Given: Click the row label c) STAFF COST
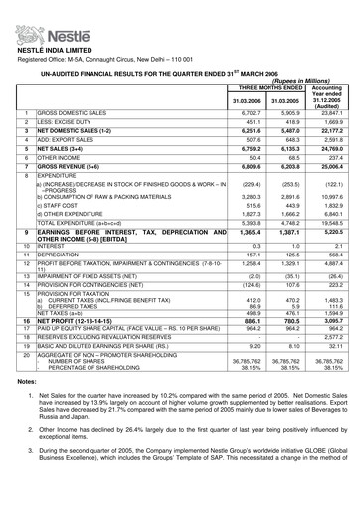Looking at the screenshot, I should pos(60,259).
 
